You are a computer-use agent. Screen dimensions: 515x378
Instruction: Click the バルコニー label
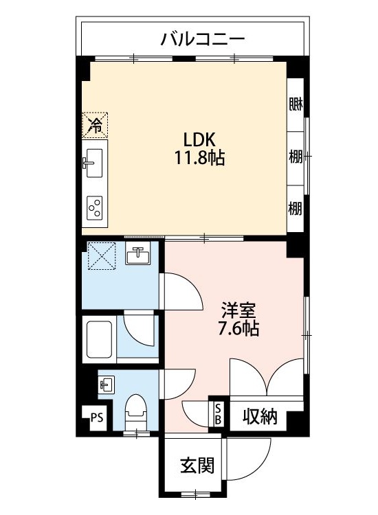pos(203,38)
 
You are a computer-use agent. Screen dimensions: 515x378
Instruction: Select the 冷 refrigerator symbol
pos(96,124)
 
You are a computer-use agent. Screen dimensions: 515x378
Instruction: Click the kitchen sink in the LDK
pos(93,163)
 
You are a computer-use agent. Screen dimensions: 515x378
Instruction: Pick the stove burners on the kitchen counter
pos(94,205)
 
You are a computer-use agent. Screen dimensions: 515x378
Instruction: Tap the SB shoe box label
pos(218,414)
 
